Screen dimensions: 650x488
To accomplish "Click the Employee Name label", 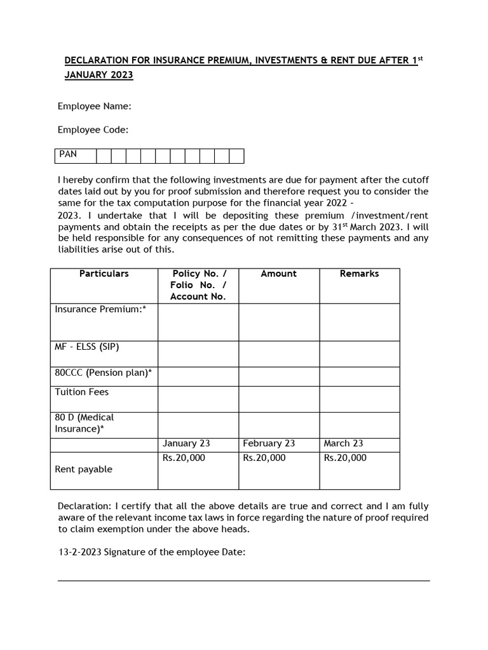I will tap(94, 106).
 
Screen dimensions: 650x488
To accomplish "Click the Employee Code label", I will tap(93, 129).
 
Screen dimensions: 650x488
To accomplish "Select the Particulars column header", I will tap(104, 274).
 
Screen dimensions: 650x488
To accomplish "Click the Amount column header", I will tap(278, 274).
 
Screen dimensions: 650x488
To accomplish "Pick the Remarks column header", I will tap(359, 274).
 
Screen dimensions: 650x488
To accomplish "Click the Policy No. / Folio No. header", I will tap(198, 285).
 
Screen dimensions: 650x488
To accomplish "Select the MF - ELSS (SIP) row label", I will tap(87, 347).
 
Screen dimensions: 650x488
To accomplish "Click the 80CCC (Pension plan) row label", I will tap(103, 373).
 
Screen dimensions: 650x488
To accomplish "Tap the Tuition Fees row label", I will tap(81, 392).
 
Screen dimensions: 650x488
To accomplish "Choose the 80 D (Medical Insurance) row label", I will tap(85, 423).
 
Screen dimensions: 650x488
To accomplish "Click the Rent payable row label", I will tap(83, 469).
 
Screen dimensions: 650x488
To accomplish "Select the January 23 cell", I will tap(186, 444).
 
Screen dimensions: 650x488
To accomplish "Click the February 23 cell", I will tap(269, 444).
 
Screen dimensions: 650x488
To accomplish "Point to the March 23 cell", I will tap(343, 444).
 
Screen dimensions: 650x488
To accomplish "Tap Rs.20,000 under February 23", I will tap(264, 458).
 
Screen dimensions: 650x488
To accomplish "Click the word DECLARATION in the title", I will tap(99, 61).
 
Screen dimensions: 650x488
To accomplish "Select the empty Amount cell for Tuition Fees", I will tap(278, 399).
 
